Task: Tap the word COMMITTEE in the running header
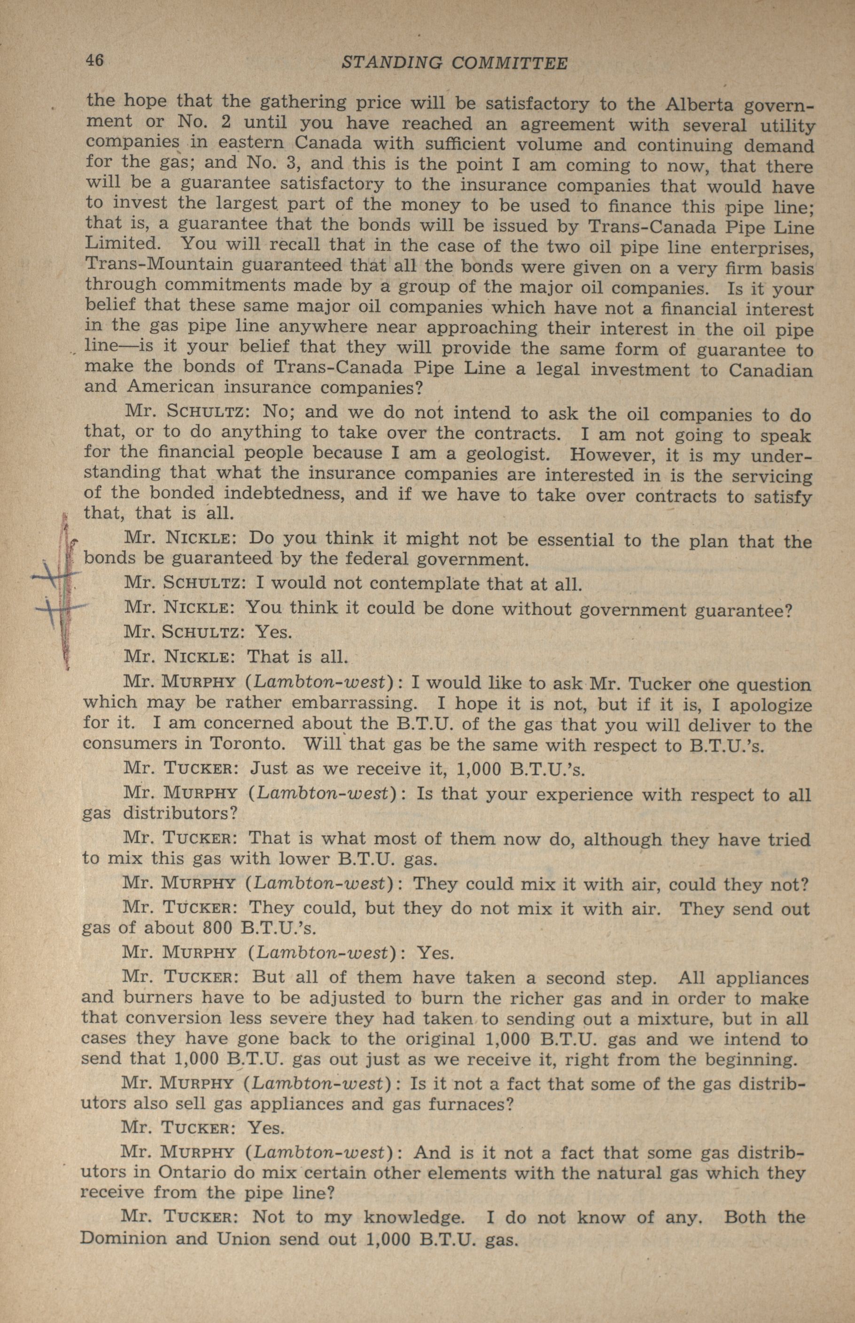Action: [x=510, y=63]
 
